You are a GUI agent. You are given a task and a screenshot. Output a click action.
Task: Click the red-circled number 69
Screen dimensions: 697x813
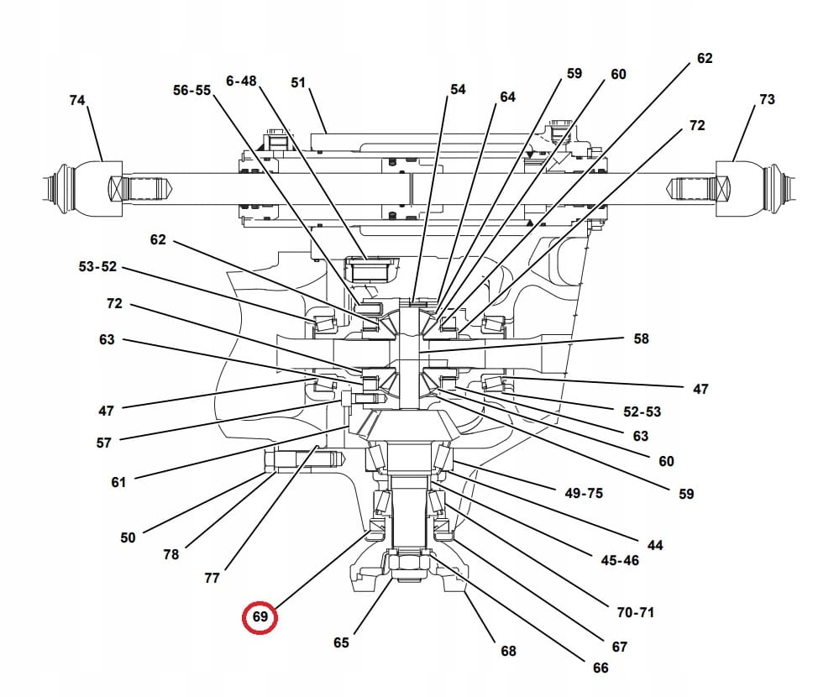(260, 617)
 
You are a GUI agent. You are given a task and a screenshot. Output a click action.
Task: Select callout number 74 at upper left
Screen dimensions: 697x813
(77, 100)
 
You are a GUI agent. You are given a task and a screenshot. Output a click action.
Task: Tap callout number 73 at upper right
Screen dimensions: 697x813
(767, 99)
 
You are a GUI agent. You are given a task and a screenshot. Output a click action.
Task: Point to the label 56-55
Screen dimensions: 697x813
(191, 90)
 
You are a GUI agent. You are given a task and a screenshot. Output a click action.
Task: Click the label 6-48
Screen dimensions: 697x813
(241, 81)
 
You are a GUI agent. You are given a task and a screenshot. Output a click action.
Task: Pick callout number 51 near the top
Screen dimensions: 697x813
(298, 82)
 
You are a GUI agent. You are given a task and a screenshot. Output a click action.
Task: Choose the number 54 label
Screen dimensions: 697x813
(458, 89)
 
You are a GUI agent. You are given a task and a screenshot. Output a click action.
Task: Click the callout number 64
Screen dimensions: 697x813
(507, 97)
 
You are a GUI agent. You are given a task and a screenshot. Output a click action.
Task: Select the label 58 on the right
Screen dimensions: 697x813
(642, 338)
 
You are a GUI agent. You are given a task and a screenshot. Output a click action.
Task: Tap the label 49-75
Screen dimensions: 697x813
(584, 493)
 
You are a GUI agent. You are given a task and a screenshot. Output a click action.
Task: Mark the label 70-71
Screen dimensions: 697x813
(635, 612)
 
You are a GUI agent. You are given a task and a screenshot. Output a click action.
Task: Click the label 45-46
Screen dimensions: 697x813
(620, 560)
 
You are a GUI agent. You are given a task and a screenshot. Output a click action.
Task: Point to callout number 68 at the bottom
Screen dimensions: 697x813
(508, 651)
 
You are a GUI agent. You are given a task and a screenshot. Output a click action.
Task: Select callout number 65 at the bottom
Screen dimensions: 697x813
(341, 642)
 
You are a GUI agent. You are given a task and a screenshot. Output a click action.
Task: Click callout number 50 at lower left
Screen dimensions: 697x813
(128, 537)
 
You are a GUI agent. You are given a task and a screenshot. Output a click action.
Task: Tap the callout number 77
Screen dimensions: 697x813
(212, 578)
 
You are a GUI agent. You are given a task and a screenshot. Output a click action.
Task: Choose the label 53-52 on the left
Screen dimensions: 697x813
(97, 267)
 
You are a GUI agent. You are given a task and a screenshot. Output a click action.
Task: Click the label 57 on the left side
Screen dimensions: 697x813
(103, 443)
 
